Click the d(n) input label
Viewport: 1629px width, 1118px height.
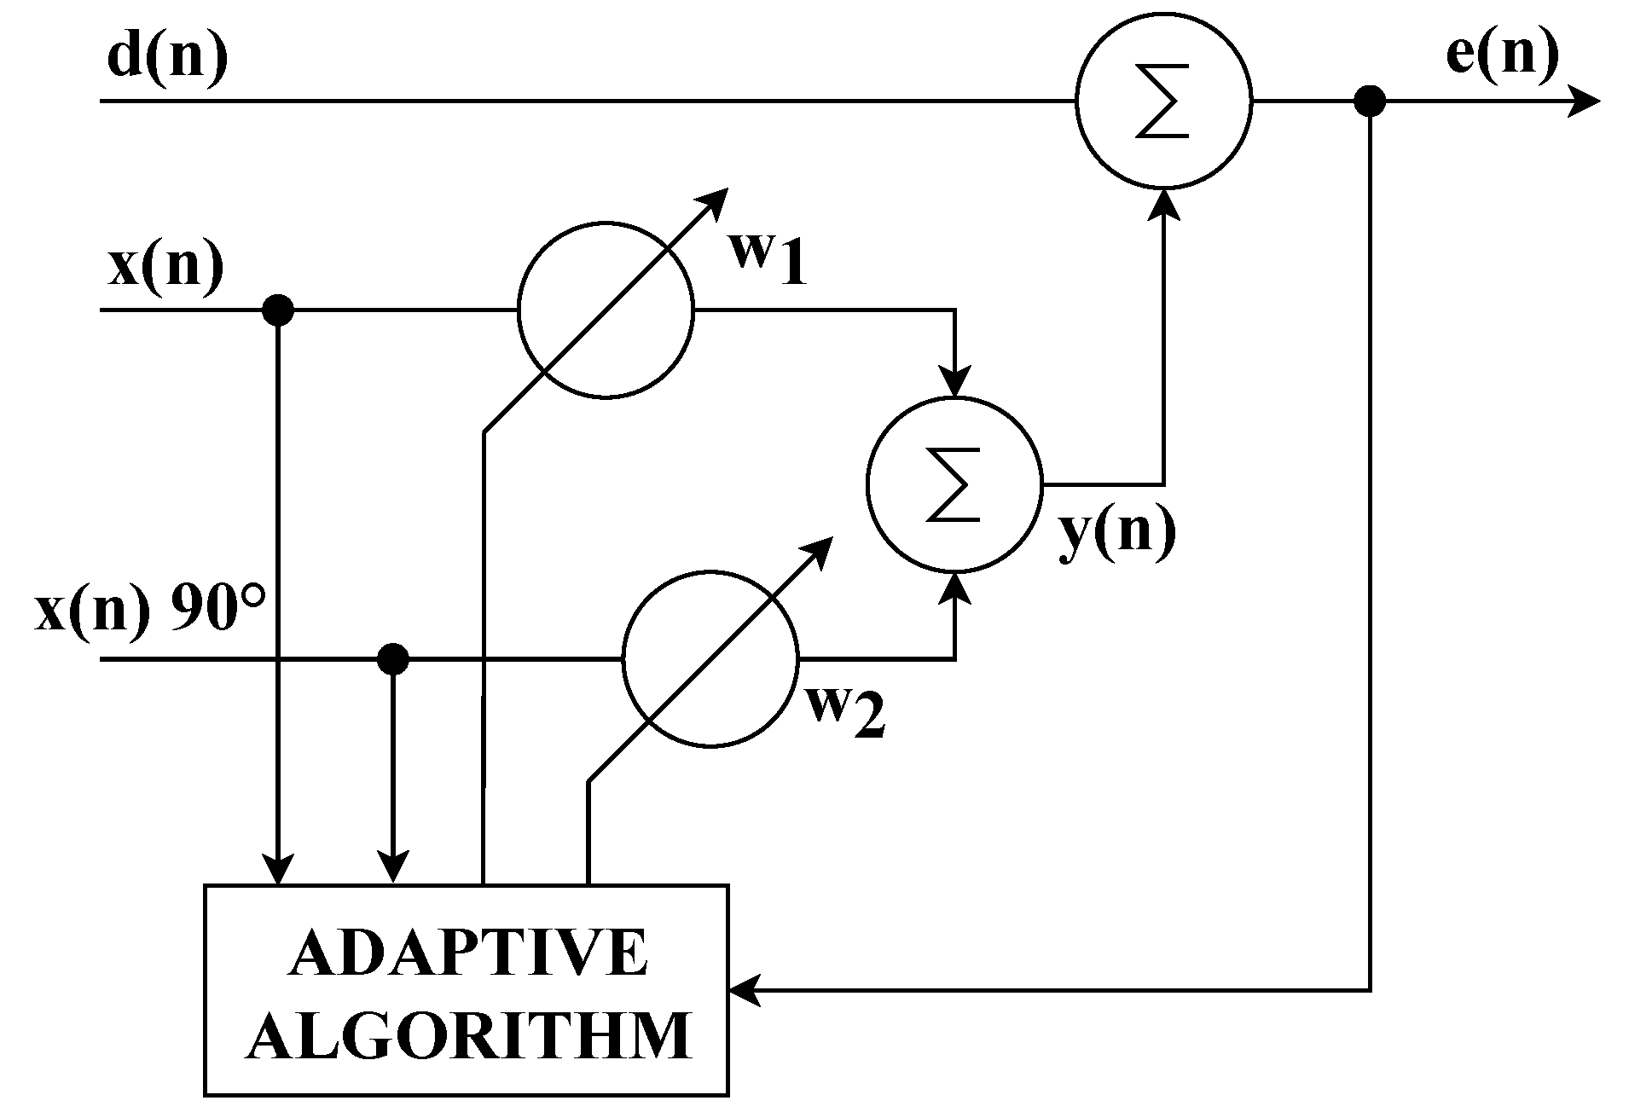[x=167, y=58]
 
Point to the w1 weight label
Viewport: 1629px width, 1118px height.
[x=766, y=258]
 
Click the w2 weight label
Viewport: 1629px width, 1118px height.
[x=846, y=711]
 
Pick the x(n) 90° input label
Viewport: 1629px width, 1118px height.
[x=150, y=611]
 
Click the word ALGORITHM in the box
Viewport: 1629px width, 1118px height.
[x=468, y=1034]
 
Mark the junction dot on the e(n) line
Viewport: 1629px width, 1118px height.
[x=1370, y=101]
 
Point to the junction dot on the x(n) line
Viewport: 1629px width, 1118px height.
[x=278, y=310]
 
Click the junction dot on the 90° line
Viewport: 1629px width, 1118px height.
[x=393, y=658]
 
